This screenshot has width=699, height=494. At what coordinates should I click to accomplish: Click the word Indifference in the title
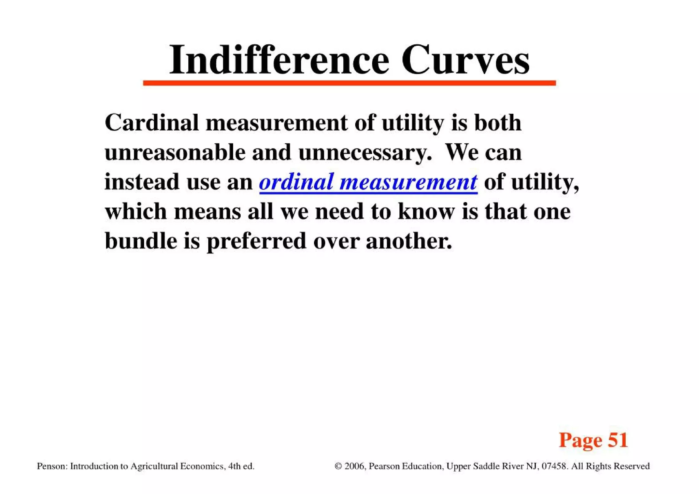pos(279,60)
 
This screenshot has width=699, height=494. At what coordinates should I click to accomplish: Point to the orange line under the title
pos(349,83)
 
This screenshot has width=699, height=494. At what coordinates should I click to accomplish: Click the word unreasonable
pos(175,153)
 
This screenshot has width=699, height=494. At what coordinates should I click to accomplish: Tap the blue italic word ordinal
pos(296,182)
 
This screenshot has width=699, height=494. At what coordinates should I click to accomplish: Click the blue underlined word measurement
pos(408,182)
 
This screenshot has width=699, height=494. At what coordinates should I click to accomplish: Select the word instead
pos(142,182)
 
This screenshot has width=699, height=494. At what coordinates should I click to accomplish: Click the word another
pos(409,241)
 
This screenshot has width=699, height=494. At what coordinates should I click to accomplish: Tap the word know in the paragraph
pos(426,211)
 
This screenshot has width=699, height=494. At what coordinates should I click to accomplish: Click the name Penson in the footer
pos(51,466)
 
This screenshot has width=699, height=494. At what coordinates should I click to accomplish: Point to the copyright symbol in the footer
pos(338,466)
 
